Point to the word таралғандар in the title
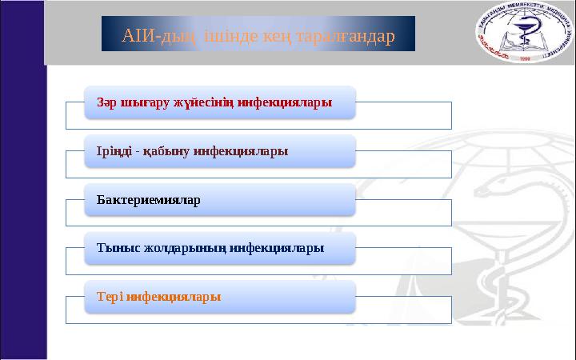click(x=343, y=36)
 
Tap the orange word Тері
click(x=110, y=296)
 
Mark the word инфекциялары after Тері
click(x=174, y=296)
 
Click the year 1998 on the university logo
click(x=525, y=58)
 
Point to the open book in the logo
click(x=524, y=47)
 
